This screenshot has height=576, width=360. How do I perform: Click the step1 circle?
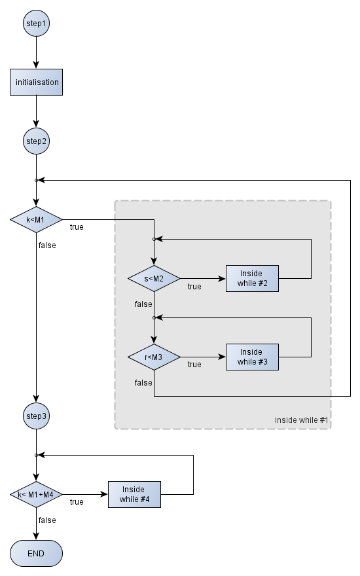click(x=36, y=24)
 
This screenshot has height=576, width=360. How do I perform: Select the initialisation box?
click(x=36, y=82)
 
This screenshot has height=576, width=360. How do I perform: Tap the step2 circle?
click(x=36, y=141)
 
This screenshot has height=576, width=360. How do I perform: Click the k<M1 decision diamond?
click(x=36, y=220)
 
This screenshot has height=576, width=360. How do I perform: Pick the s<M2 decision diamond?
click(x=154, y=278)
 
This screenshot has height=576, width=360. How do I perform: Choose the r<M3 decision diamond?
click(x=154, y=357)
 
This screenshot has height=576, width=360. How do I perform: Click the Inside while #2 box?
click(x=252, y=278)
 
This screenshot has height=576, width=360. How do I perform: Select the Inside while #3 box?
click(x=252, y=357)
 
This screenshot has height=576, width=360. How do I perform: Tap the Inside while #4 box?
click(x=134, y=494)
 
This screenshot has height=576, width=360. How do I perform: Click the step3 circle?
click(x=36, y=416)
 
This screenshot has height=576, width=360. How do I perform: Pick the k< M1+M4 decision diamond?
click(x=36, y=494)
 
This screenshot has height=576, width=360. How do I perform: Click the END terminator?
click(x=36, y=553)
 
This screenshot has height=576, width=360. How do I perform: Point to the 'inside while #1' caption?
click(x=301, y=420)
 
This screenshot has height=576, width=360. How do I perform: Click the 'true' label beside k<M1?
click(x=77, y=227)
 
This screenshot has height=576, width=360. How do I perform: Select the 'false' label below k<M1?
click(x=47, y=245)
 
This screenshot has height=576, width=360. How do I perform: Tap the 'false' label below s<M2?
click(x=143, y=304)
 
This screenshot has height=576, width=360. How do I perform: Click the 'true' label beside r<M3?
click(x=194, y=365)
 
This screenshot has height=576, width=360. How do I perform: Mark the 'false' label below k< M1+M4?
click(x=47, y=520)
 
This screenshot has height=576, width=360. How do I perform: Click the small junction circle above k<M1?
click(x=36, y=181)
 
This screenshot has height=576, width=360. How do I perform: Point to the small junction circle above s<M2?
click(x=154, y=239)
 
